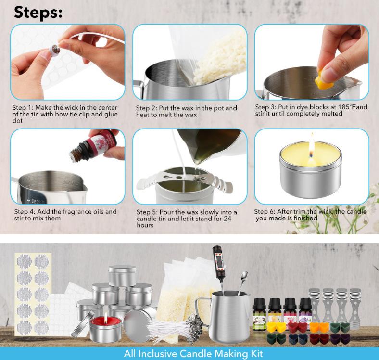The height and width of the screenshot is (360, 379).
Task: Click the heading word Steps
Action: tap(38, 12)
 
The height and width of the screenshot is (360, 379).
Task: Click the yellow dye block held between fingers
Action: tap(324, 78)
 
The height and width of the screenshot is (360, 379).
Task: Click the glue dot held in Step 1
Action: tap(54, 50)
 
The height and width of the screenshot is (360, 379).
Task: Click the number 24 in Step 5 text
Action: tap(227, 219)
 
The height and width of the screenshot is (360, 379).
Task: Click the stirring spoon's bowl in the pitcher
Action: tap(244, 275)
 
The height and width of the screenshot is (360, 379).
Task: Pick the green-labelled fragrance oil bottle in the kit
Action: tap(259, 314)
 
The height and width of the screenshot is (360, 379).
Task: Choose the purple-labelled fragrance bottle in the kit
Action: tap(305, 312)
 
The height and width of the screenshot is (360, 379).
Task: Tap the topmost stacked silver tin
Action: tap(122, 276)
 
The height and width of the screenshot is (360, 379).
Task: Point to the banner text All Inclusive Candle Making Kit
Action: tap(193, 353)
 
